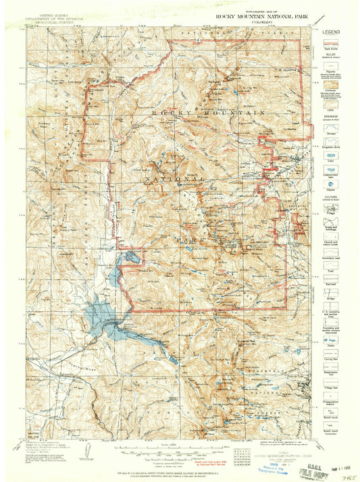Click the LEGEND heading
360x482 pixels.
[331, 32]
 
